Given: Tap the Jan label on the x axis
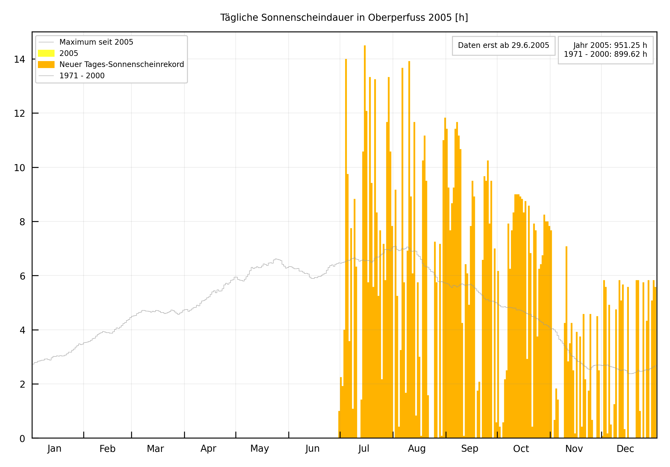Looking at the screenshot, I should [x=54, y=449].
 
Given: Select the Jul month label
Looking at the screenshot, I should [x=364, y=449].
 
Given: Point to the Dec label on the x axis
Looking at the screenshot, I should [x=625, y=449].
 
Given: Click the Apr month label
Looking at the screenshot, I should [x=208, y=449].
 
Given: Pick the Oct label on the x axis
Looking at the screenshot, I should [x=521, y=449].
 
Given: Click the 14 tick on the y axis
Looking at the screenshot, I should [x=20, y=59].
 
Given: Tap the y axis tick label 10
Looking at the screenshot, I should [x=20, y=168].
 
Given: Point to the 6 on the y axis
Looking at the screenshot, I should [x=23, y=276].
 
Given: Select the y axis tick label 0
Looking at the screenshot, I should [x=23, y=439].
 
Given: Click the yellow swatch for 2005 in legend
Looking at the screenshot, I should [x=46, y=53].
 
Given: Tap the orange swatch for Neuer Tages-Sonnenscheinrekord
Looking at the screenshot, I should [x=46, y=65].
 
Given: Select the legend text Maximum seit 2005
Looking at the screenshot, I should [x=96, y=42].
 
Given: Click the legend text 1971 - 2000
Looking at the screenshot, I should [x=82, y=76].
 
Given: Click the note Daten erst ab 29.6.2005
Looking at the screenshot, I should [x=503, y=45].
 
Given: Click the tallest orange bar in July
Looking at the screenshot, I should [x=365, y=234].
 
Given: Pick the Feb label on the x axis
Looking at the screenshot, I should [x=108, y=449].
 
